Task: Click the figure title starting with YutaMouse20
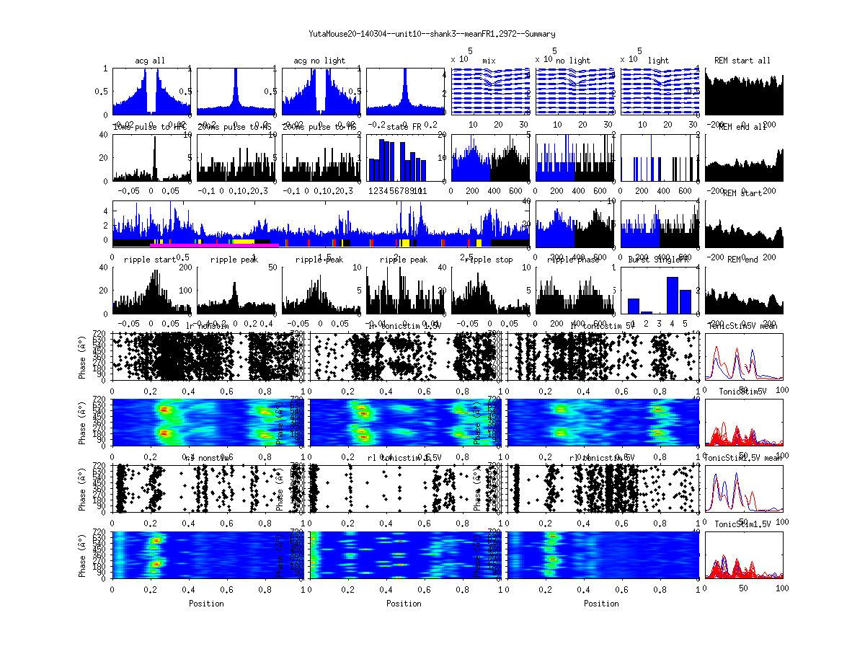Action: click(x=432, y=34)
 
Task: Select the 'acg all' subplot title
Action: click(x=150, y=61)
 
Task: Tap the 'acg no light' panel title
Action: click(x=319, y=61)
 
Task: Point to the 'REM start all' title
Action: click(x=742, y=61)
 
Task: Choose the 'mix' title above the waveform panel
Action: click(x=489, y=61)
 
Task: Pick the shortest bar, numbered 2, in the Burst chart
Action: click(x=646, y=312)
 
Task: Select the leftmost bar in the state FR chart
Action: click(x=373, y=169)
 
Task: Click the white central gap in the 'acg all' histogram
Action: click(x=151, y=94)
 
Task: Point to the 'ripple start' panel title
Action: click(x=150, y=260)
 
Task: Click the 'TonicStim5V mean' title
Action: click(x=744, y=326)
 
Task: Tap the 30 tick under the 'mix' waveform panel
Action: click(x=523, y=125)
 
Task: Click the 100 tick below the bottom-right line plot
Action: click(x=781, y=588)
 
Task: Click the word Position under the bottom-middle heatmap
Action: click(x=404, y=603)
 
